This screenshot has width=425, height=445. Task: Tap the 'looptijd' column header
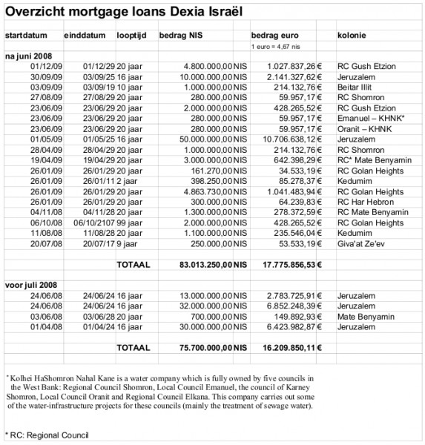tap(132, 36)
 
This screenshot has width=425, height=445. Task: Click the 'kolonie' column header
tap(351, 36)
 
